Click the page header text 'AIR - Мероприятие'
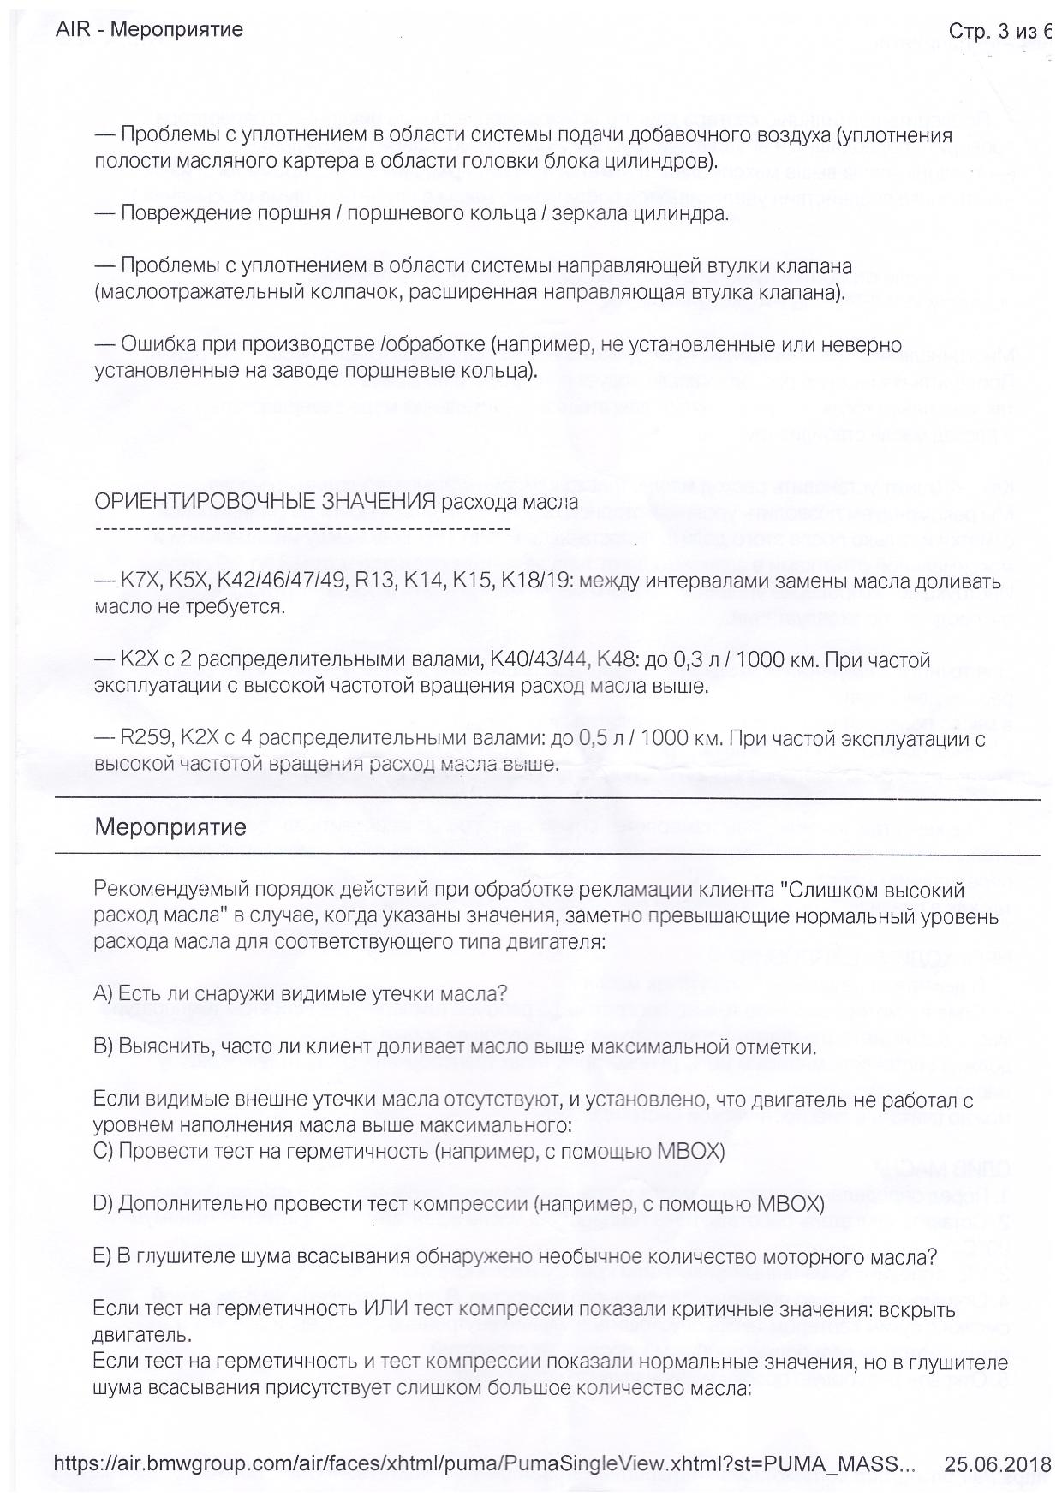149,30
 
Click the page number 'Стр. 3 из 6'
999,32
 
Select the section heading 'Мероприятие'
170,827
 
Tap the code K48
618,659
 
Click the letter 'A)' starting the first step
103,993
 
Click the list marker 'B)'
103,1046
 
